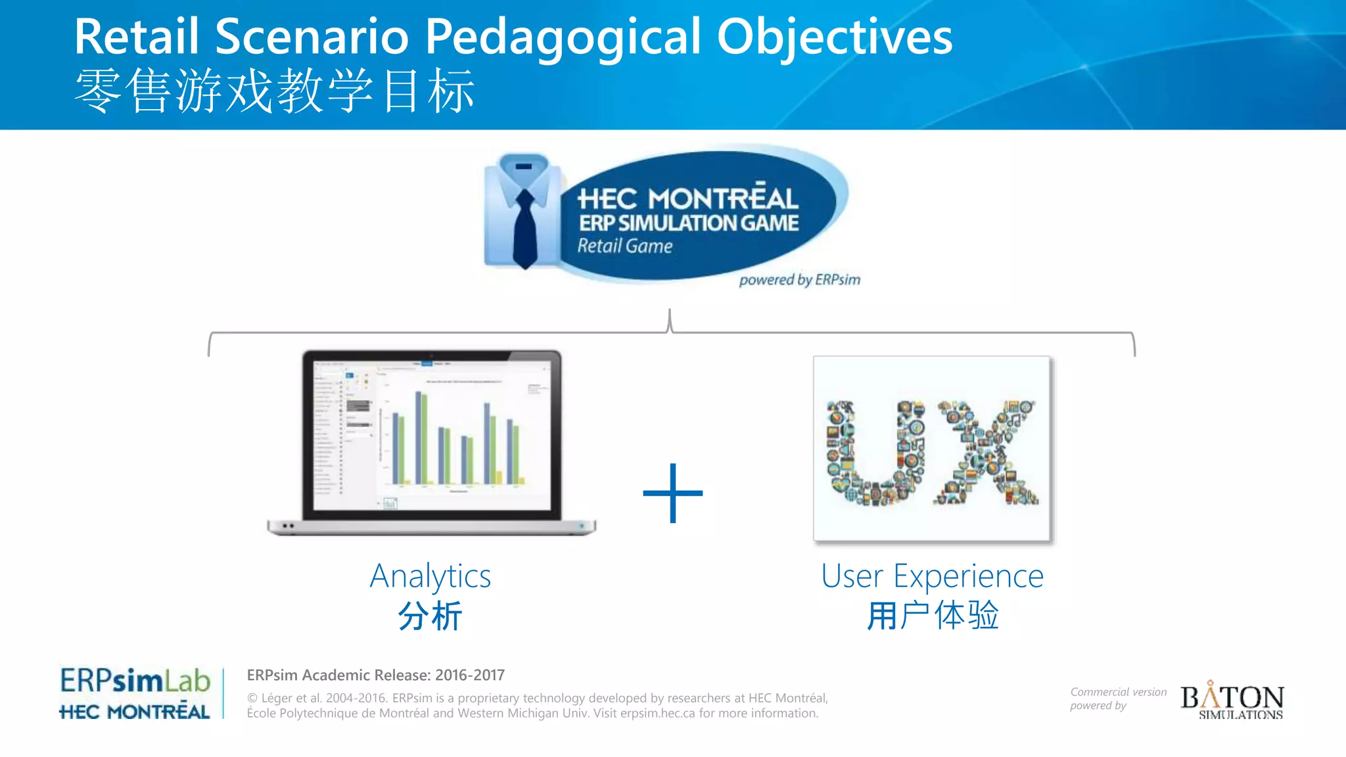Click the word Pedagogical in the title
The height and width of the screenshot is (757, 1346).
pyautogui.click(x=563, y=37)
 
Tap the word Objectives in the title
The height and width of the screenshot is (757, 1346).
pyautogui.click(x=834, y=37)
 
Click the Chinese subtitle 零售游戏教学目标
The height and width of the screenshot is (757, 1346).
pyautogui.click(x=274, y=91)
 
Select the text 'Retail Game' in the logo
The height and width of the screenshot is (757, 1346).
pyautogui.click(x=624, y=246)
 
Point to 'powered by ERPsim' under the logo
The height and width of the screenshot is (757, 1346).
pyautogui.click(x=799, y=280)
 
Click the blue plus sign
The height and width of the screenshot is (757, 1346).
pyautogui.click(x=672, y=493)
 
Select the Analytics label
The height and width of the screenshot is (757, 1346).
pyautogui.click(x=430, y=576)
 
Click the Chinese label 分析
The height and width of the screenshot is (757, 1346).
pyautogui.click(x=430, y=616)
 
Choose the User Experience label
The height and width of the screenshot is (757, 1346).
pyautogui.click(x=932, y=576)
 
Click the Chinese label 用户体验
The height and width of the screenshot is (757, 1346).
pyautogui.click(x=932, y=616)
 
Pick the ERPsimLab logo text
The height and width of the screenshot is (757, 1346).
pyautogui.click(x=135, y=681)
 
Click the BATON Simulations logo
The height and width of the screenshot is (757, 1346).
pyautogui.click(x=1232, y=700)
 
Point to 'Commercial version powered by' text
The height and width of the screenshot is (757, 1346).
pyautogui.click(x=1117, y=699)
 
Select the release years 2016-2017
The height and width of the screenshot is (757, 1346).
pyautogui.click(x=469, y=675)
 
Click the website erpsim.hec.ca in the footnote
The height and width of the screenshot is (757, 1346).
pyautogui.click(x=657, y=713)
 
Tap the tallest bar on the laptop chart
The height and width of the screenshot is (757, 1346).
pyautogui.click(x=418, y=437)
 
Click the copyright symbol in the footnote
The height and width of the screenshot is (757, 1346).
pyautogui.click(x=252, y=699)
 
